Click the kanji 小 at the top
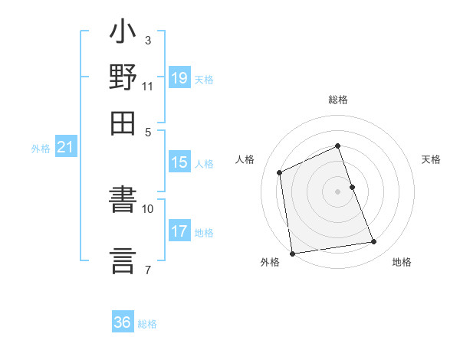click(x=123, y=35)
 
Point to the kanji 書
click(x=123, y=205)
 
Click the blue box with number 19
click(x=179, y=78)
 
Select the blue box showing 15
click(x=179, y=162)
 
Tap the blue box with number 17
click(x=179, y=231)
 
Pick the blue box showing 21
click(x=65, y=148)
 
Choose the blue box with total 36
click(x=123, y=322)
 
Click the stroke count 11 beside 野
click(x=147, y=86)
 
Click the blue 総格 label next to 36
click(x=148, y=324)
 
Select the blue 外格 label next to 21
click(x=41, y=149)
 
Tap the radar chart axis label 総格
click(x=338, y=100)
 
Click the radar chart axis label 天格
click(x=432, y=159)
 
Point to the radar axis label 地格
click(x=402, y=263)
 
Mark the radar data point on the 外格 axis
click(x=292, y=253)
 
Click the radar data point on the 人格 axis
click(x=280, y=172)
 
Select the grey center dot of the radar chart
click(x=338, y=191)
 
